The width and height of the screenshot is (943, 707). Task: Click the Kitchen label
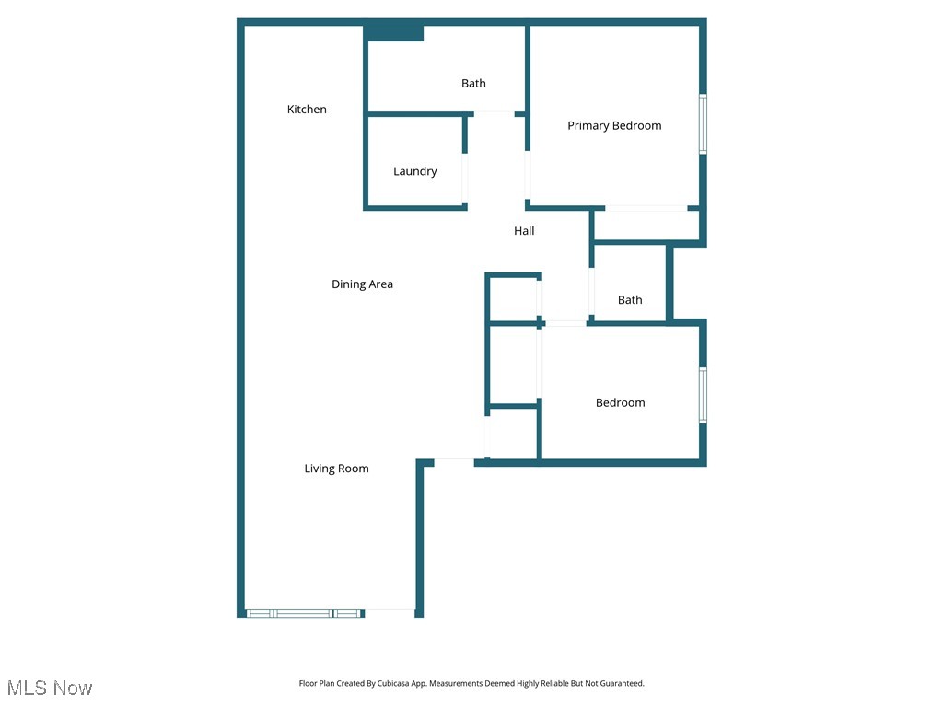point(307,110)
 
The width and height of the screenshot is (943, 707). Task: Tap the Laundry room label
point(414,171)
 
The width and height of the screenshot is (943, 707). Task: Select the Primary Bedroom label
point(614,126)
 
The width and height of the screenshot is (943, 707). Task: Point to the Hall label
point(524,231)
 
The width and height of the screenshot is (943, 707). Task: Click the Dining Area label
point(362,284)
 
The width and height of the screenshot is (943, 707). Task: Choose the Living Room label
point(336,469)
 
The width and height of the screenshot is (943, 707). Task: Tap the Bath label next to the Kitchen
point(473,84)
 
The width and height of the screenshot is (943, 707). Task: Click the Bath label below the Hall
point(630,300)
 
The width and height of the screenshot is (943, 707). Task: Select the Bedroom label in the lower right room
point(620,403)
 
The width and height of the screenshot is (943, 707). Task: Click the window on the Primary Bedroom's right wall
point(703,123)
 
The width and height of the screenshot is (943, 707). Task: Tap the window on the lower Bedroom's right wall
point(703,396)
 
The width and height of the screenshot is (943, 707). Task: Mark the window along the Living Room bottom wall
point(304,613)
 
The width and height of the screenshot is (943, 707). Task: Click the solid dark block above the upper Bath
point(394,33)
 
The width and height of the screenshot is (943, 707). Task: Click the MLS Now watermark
point(51,688)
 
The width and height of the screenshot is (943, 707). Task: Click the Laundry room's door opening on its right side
point(465,178)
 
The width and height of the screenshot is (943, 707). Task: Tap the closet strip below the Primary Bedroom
point(646,226)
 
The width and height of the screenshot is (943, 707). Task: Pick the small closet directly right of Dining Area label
point(513,298)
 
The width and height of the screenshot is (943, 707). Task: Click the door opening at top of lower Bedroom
point(565,323)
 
